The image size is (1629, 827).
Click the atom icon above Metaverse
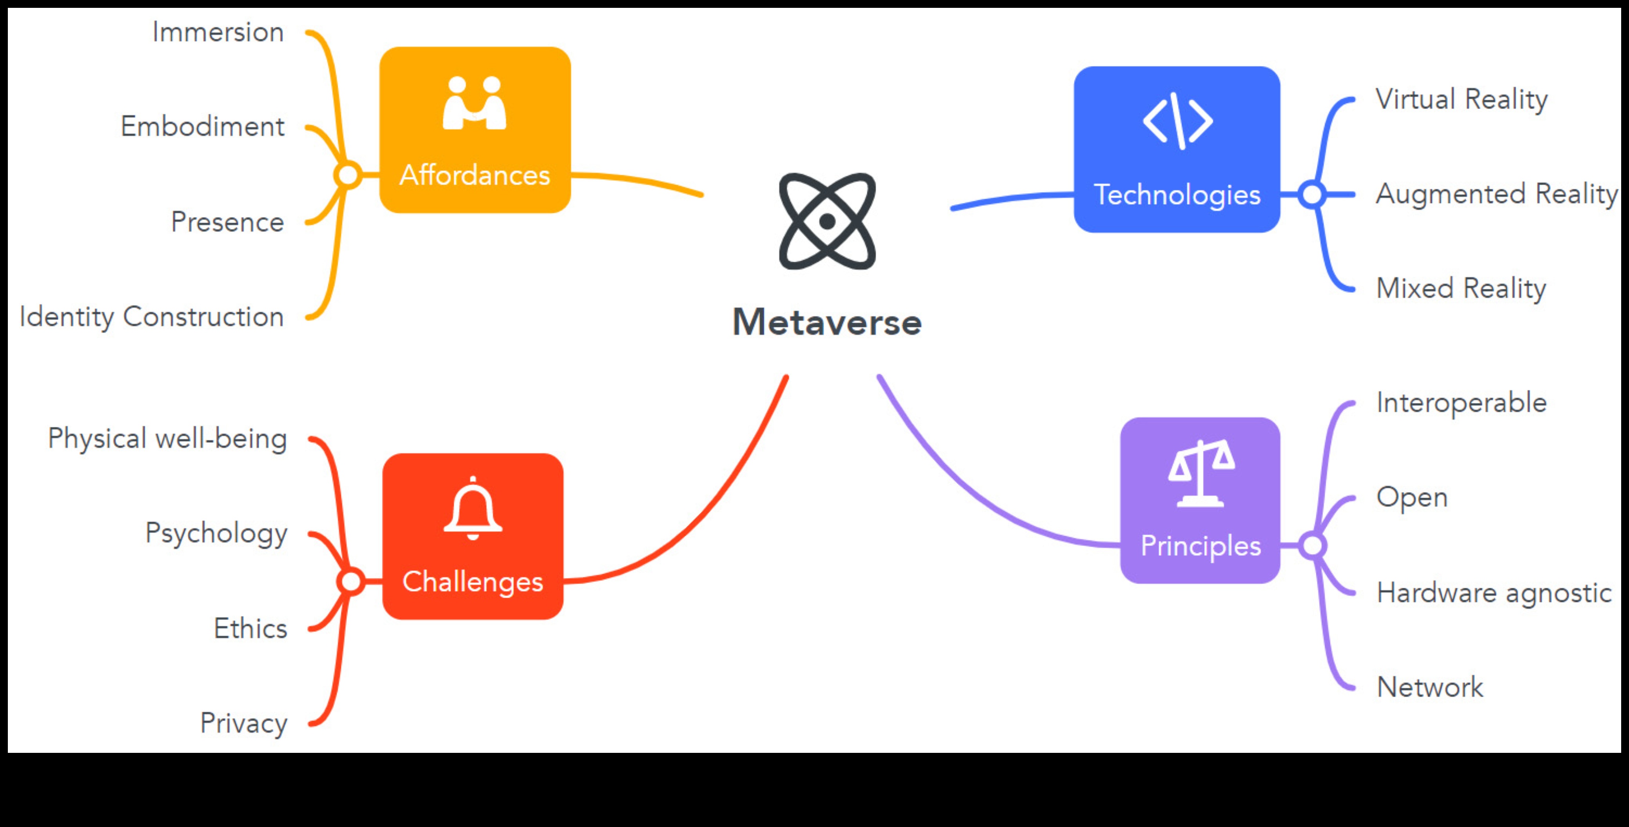point(827,221)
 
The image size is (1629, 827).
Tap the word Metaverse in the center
point(827,323)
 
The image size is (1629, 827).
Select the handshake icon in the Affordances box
point(474,103)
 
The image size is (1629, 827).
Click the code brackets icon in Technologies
point(1177,120)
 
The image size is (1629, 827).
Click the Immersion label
point(218,32)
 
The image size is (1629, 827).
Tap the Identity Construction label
point(152,316)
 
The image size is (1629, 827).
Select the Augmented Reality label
point(1496,194)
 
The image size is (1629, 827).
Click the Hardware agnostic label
point(1494,593)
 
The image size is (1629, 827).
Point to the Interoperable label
point(1462,403)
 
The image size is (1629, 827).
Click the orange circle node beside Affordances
point(348,175)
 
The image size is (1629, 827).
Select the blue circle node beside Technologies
point(1312,194)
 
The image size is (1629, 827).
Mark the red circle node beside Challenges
point(351,581)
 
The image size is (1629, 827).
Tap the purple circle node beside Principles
point(1312,545)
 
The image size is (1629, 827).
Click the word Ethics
point(251,628)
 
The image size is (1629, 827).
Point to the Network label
point(1430,687)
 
